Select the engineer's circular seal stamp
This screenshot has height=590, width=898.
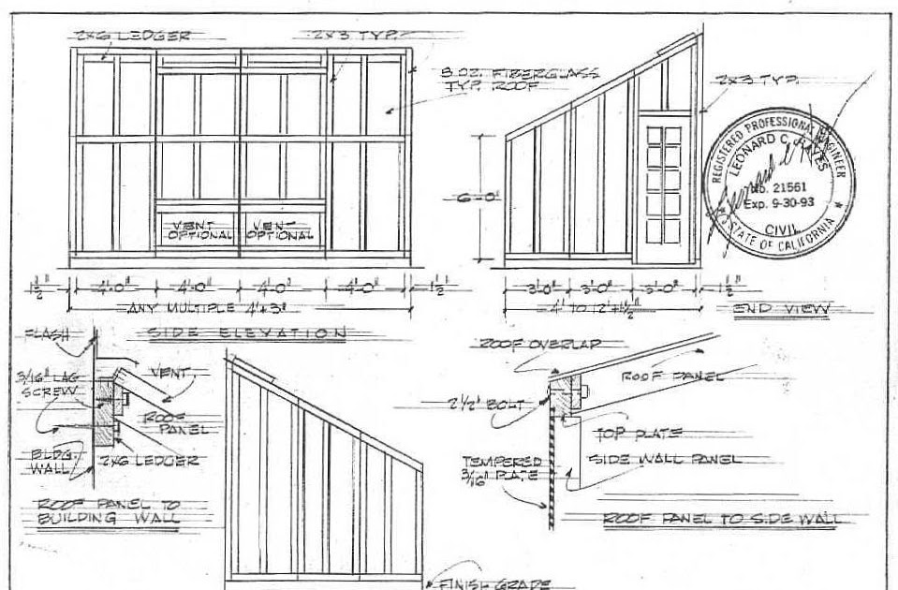point(779,178)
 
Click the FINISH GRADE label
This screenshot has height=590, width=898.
point(496,581)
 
